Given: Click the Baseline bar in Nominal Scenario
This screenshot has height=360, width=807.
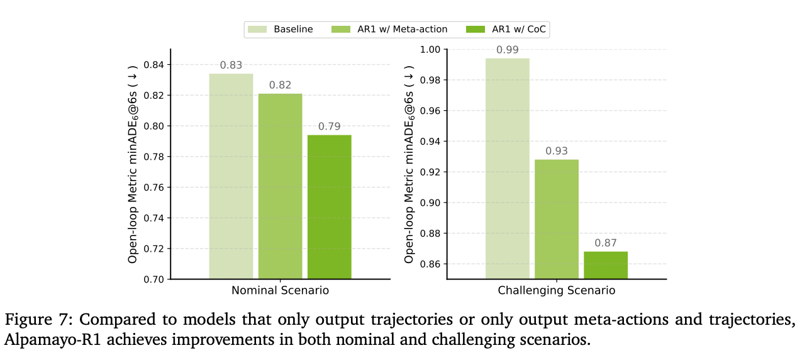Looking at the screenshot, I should pyautogui.click(x=231, y=176).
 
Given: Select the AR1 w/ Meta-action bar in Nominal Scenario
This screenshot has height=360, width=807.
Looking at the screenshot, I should pyautogui.click(x=280, y=186).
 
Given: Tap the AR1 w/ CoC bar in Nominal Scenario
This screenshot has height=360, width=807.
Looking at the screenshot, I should pyautogui.click(x=329, y=207).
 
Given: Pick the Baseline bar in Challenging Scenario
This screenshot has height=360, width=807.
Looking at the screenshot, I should pyautogui.click(x=507, y=169).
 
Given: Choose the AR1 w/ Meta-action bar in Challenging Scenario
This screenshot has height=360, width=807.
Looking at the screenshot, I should pyautogui.click(x=556, y=219).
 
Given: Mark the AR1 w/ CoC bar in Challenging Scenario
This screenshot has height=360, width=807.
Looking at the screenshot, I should pyautogui.click(x=605, y=265).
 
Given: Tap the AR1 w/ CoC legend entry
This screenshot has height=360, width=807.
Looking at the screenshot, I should pyautogui.click(x=509, y=29).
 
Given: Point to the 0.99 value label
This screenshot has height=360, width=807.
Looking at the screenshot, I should pyautogui.click(x=507, y=50).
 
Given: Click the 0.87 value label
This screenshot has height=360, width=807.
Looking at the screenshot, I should pyautogui.click(x=605, y=243).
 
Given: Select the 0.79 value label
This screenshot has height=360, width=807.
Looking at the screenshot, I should pyautogui.click(x=329, y=127).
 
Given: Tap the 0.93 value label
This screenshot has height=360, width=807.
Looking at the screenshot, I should pyautogui.click(x=556, y=151).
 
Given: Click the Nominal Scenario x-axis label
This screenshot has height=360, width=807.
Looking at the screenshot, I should pyautogui.click(x=280, y=291).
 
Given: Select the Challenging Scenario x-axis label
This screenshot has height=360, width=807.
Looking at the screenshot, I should pyautogui.click(x=556, y=291).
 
